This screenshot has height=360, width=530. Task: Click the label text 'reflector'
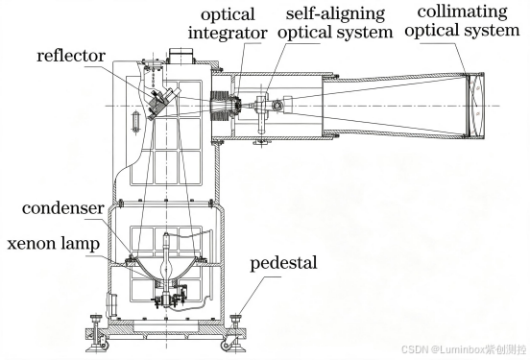click(71, 56)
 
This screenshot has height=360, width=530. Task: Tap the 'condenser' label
click(62, 208)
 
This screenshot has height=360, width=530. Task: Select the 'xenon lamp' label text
click(54, 244)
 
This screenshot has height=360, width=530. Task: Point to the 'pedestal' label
click(283, 263)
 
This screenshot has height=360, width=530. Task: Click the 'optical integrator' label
click(228, 24)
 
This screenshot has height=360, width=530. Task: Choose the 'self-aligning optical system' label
click(335, 23)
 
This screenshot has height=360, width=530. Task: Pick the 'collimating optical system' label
click(462, 21)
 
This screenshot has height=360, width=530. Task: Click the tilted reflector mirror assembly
click(161, 102)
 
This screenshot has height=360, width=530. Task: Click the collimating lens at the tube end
click(476, 106)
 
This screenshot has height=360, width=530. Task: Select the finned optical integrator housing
click(221, 107)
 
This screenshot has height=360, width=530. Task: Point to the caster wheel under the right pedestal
click(225, 346)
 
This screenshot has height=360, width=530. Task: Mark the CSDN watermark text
click(464, 349)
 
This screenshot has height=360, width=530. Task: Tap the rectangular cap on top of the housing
click(181, 56)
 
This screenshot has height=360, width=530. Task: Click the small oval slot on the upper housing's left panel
click(135, 122)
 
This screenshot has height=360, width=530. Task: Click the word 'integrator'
click(228, 34)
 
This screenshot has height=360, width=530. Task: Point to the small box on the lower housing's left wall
click(112, 304)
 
